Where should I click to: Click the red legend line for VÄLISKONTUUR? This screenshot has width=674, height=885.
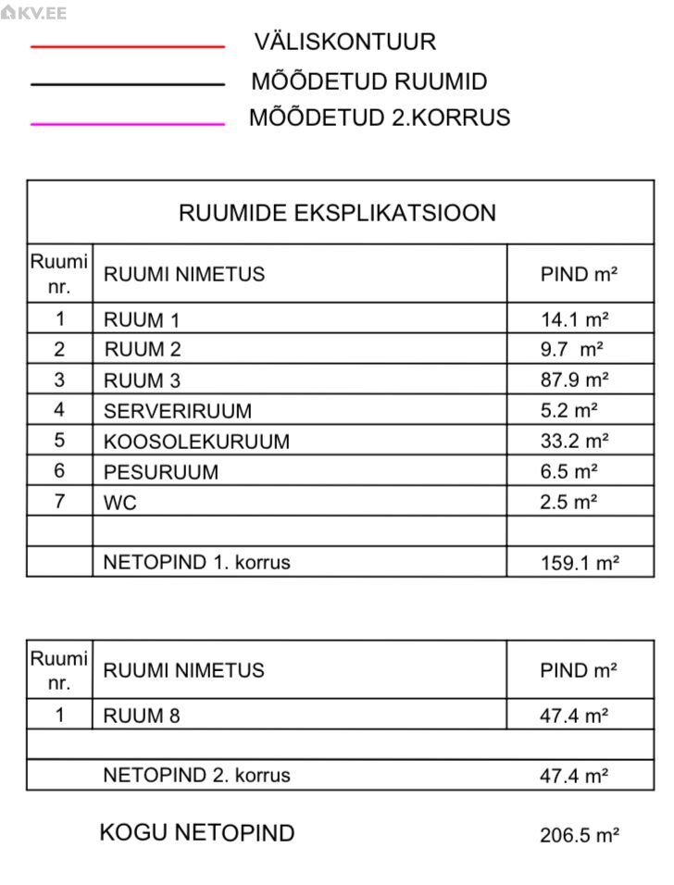pos(128,45)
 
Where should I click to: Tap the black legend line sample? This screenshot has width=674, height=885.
pos(128,84)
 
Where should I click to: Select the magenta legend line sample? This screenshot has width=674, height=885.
pos(128,122)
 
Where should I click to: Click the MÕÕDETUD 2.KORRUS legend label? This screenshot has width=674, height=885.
pos(380,118)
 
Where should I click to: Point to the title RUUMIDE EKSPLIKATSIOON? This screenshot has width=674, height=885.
pos(337,213)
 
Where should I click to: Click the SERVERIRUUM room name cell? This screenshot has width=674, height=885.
pos(177,410)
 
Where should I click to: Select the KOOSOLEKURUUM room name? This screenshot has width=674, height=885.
pos(196,442)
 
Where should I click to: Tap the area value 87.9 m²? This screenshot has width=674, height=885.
pos(574,380)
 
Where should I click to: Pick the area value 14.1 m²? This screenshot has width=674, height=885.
pos(574,320)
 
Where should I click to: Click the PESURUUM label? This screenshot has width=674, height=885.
pos(161,472)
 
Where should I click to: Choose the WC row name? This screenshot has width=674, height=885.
pos(120,503)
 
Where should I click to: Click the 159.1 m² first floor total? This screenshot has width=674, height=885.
pos(580,563)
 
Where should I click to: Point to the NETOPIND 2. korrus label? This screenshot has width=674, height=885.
pos(196,775)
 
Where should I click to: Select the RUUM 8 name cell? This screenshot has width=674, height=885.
pos(142,715)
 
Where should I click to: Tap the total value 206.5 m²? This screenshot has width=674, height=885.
pos(580,835)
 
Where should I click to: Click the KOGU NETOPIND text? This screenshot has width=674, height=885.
pos(196,832)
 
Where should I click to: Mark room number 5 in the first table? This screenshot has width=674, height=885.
pos(60,441)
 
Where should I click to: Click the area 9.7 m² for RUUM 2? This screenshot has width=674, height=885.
pos(571,350)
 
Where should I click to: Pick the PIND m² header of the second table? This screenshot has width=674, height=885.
pos(579,670)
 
